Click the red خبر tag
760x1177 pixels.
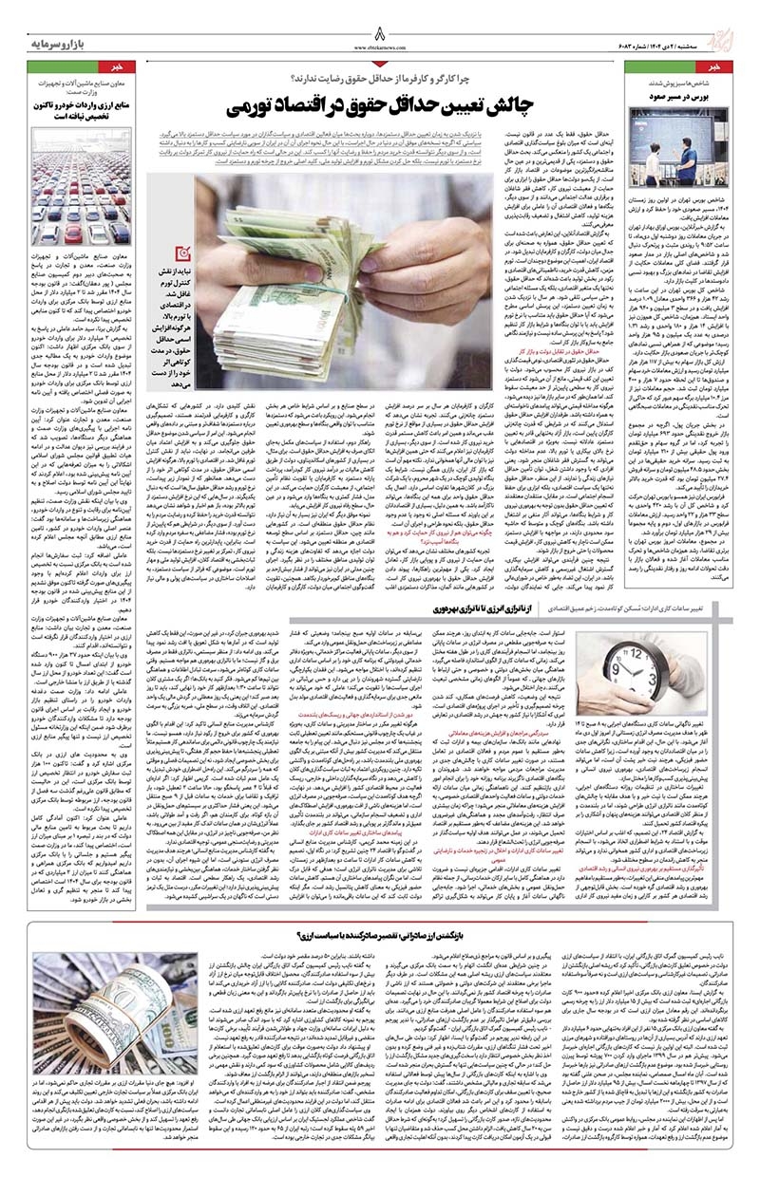pos(728,68)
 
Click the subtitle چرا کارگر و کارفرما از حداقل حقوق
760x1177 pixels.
pos(380,68)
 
